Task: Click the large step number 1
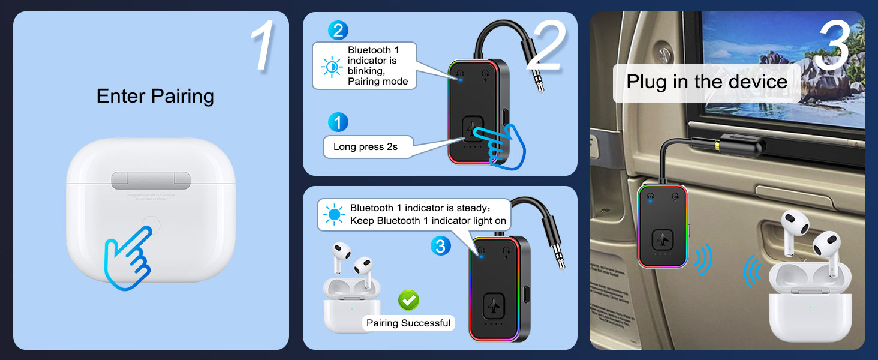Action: pos(262,46)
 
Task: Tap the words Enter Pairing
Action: pos(155,96)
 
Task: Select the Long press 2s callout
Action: pos(365,147)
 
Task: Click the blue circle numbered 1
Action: pos(338,122)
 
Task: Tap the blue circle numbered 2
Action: pos(338,30)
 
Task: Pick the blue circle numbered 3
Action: pos(440,245)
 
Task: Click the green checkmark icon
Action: pos(408,299)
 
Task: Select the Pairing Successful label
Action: pos(408,323)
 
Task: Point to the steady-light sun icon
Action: pos(333,214)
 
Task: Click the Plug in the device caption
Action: pos(706,82)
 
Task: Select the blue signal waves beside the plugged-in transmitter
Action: pos(702,259)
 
